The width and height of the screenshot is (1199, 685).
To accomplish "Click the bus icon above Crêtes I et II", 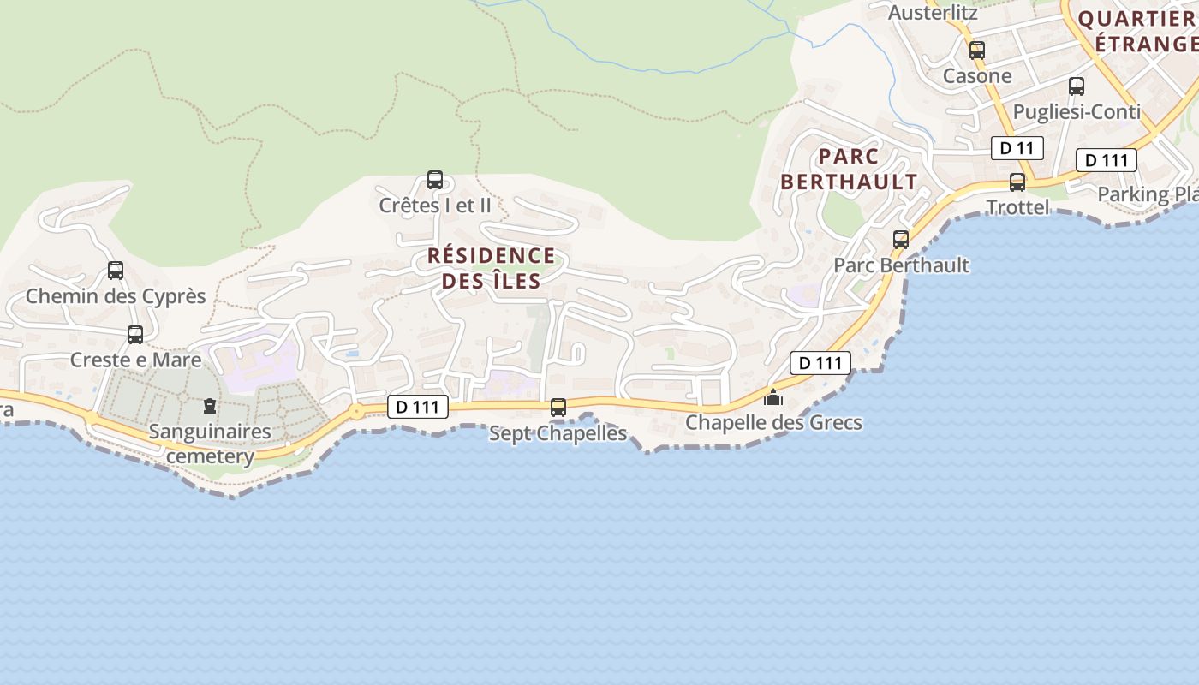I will [x=435, y=180].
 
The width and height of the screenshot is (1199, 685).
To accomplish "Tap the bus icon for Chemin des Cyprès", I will [x=116, y=271].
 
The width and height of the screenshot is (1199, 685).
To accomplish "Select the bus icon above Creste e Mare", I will [x=135, y=334].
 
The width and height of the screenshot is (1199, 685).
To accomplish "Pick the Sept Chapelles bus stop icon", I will [x=558, y=408].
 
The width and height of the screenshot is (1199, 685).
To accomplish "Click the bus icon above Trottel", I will [x=1017, y=182].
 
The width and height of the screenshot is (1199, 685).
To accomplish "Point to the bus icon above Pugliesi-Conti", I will [x=1077, y=86].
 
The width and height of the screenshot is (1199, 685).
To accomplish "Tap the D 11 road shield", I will [x=1017, y=148].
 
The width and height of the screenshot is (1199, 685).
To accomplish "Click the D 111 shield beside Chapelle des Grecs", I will [x=820, y=363].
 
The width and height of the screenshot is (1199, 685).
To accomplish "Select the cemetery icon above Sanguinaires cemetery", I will [x=210, y=405].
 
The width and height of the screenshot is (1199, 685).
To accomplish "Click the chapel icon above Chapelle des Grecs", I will [x=773, y=397].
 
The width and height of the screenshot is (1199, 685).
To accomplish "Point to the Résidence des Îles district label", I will [x=492, y=268].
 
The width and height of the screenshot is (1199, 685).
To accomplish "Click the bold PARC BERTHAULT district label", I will [x=849, y=169].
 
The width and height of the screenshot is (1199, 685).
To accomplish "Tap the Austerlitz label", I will [x=933, y=13].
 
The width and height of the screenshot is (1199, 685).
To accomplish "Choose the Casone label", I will [x=977, y=76].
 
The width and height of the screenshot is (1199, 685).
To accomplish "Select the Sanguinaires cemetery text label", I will [x=210, y=444].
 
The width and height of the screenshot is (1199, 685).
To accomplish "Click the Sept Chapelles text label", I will [x=558, y=433].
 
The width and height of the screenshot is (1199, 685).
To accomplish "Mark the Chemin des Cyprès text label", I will [x=116, y=296].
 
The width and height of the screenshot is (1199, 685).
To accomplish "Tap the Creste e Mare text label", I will [x=135, y=360].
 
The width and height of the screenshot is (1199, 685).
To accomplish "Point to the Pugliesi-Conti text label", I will [x=1077, y=112].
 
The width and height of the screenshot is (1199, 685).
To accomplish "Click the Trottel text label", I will [x=1017, y=207].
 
